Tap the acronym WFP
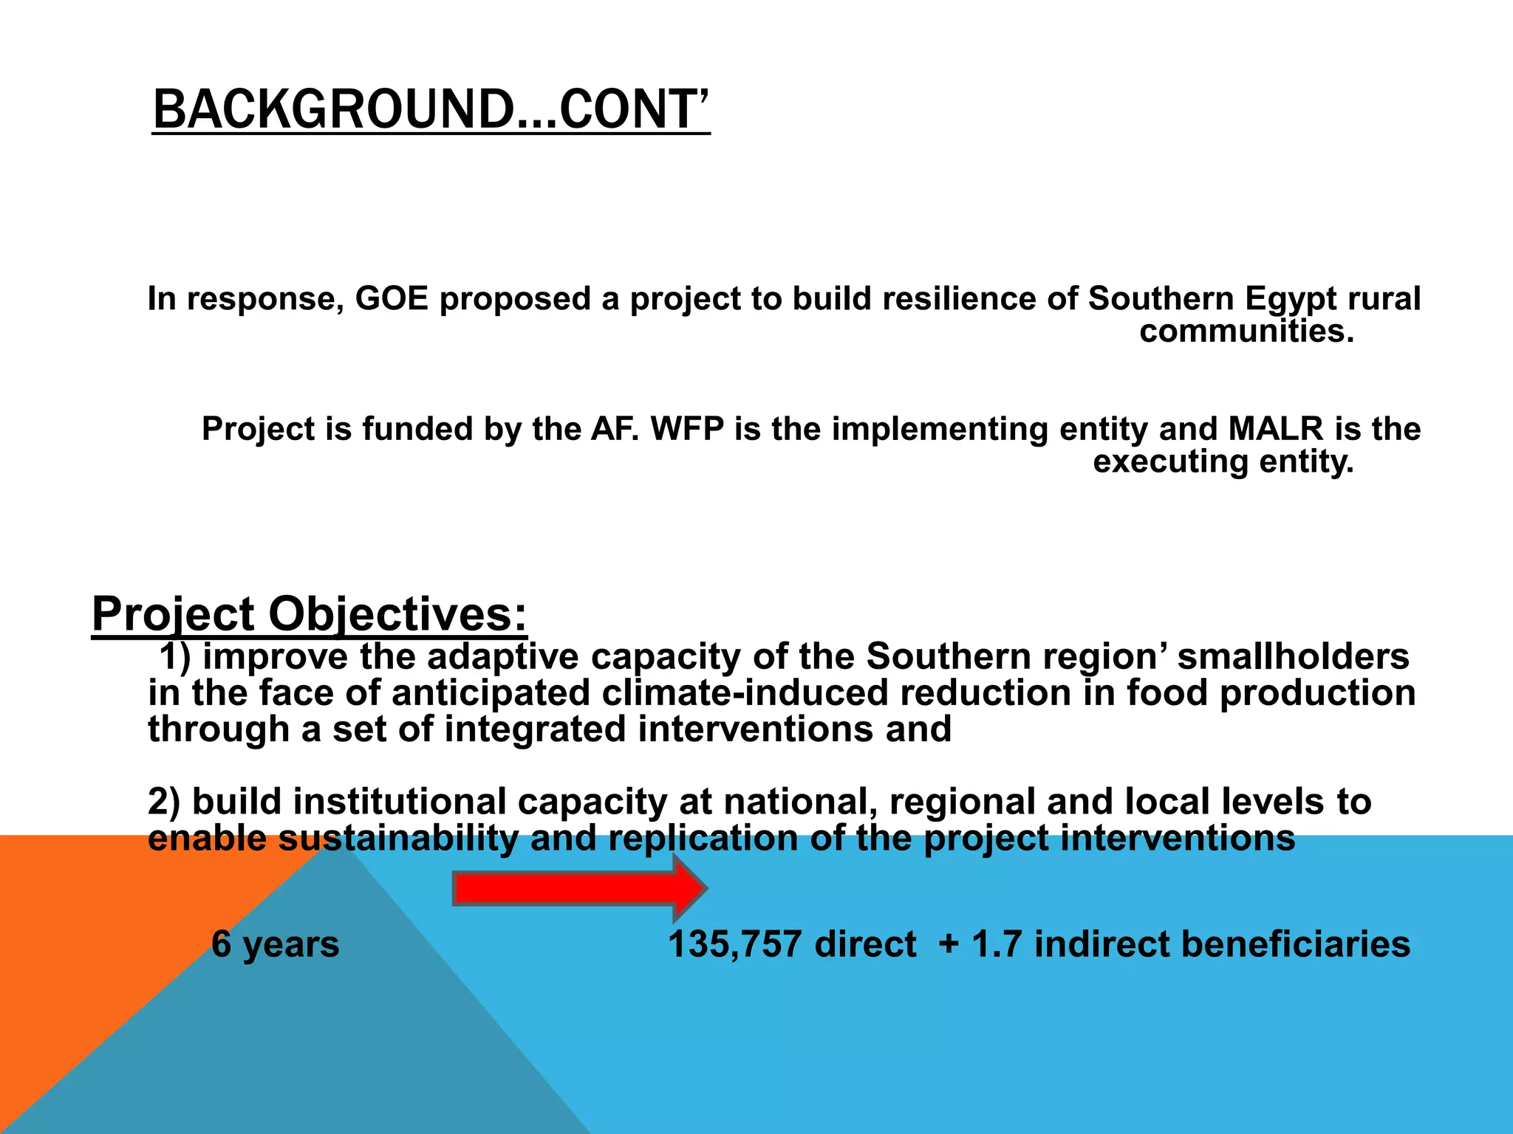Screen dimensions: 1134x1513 pos(687,429)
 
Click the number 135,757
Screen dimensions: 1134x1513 pos(735,944)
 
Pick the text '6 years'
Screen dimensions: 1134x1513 pos(276,944)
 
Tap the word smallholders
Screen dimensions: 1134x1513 pos(1294,656)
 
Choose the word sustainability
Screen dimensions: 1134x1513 pos(398,838)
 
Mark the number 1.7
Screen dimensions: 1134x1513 pos(997,944)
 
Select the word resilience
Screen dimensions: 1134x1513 pos(943,299)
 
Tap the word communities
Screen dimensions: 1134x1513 pos(1246,331)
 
